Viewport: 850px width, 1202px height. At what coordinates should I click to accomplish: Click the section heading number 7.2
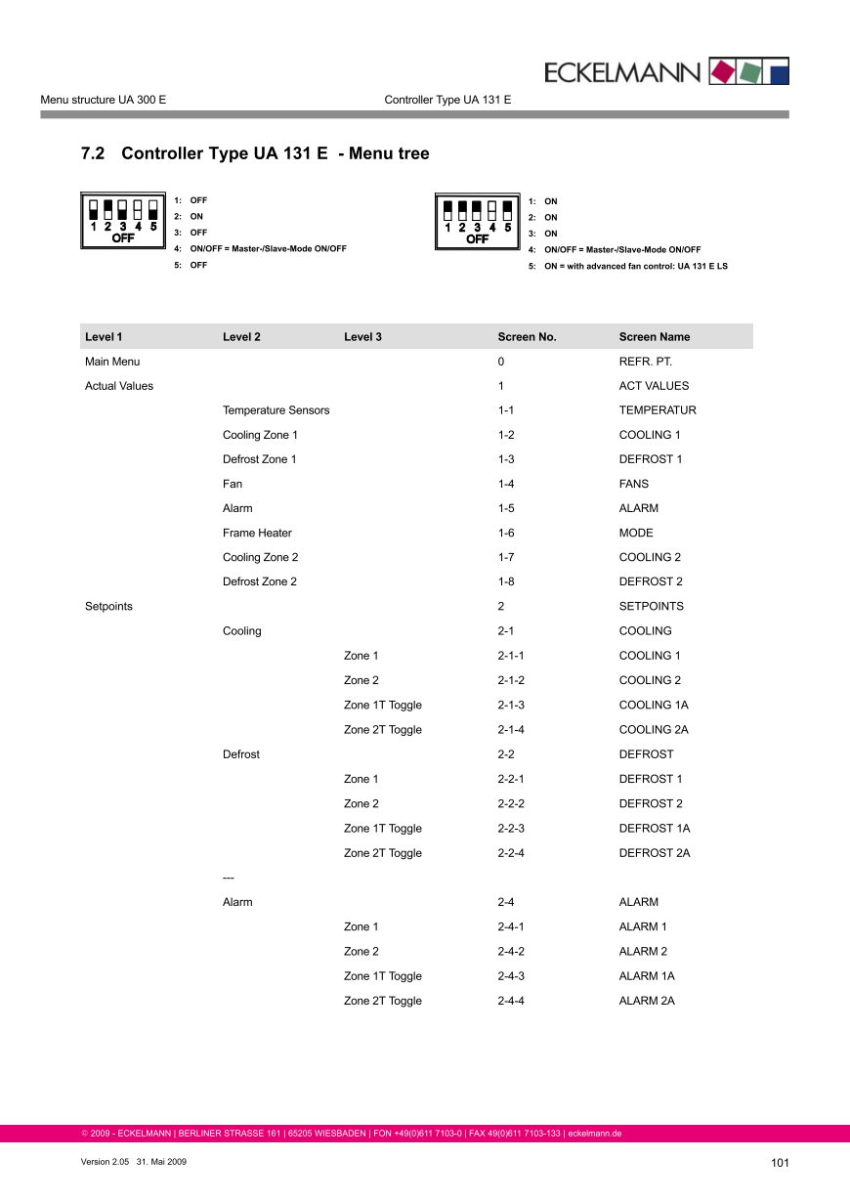point(92,153)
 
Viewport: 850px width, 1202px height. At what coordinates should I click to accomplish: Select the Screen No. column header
point(527,337)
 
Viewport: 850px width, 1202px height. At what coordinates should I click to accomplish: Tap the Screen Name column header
point(654,337)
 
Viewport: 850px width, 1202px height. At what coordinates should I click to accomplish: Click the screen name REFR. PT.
point(645,362)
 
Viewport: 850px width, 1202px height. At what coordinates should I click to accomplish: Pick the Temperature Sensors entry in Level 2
point(276,410)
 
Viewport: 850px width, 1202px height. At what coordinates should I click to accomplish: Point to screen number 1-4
point(505,484)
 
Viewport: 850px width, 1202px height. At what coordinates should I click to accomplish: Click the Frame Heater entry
point(257,533)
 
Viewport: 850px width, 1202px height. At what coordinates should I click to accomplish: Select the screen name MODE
point(636,533)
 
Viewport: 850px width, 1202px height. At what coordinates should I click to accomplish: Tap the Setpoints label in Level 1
point(108,606)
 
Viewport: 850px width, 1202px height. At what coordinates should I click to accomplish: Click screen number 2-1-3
point(511,705)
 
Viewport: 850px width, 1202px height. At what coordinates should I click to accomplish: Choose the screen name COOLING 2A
point(654,730)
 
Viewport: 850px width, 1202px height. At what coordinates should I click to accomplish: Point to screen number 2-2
point(505,754)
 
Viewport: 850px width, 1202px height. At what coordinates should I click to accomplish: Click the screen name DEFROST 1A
point(654,829)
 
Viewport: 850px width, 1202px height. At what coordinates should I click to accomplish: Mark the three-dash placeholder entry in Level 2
point(229,878)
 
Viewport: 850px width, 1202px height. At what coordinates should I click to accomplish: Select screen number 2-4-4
point(511,1001)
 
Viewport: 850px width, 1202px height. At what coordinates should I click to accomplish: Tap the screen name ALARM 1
point(643,926)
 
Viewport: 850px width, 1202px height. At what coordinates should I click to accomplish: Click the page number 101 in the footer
point(779,1162)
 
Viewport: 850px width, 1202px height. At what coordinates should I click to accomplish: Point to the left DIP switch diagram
point(122,220)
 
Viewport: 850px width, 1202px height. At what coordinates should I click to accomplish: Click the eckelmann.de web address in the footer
point(595,1134)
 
